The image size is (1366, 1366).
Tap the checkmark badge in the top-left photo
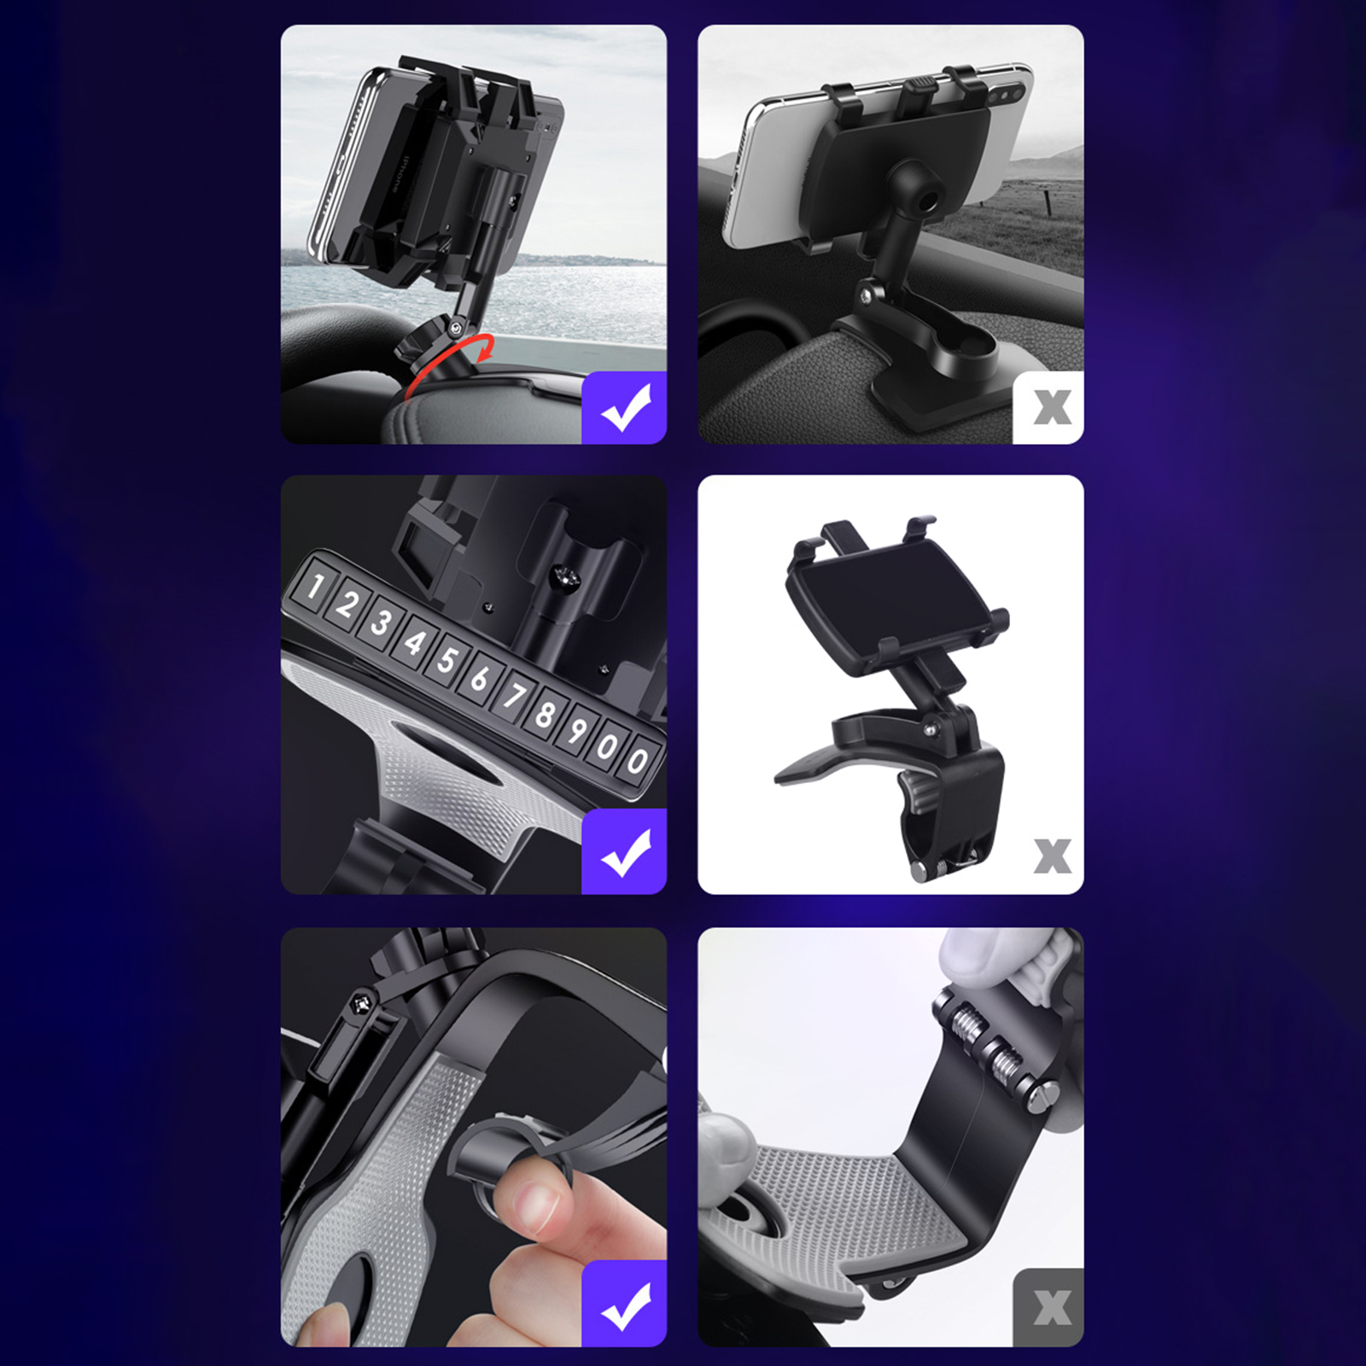(x=624, y=407)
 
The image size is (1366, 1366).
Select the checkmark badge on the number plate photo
(x=624, y=852)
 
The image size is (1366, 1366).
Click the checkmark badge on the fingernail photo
(x=624, y=1304)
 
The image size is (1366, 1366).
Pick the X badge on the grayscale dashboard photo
(x=1049, y=407)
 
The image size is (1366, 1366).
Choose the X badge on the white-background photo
(x=1052, y=855)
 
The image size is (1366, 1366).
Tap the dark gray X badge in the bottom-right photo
(x=1049, y=1307)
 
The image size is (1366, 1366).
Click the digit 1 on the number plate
(x=315, y=587)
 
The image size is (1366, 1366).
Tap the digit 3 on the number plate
(x=382, y=622)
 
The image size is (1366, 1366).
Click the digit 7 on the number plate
(x=512, y=695)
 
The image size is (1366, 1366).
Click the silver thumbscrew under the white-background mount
(x=920, y=872)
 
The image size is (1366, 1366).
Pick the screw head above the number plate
(x=564, y=578)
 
